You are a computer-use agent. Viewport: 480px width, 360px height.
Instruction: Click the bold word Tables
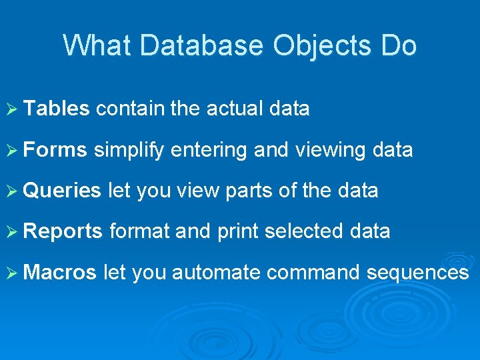pos(57,109)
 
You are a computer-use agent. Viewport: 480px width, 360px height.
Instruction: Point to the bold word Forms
pos(55,150)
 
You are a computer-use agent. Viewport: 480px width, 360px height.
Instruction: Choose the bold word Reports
pos(63,231)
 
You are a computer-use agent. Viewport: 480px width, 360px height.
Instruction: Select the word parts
pos(249,191)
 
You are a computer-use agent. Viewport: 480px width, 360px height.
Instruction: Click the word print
pos(237,231)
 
